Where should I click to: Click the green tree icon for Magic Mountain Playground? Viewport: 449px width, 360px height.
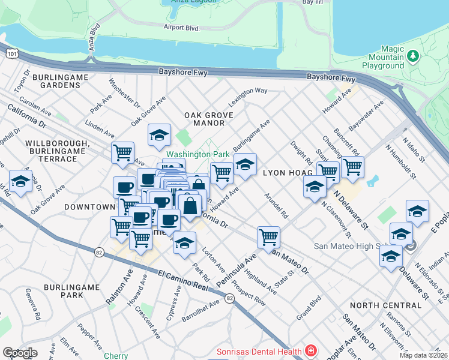click(412, 56)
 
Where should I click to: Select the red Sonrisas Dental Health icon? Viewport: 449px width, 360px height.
click(310, 350)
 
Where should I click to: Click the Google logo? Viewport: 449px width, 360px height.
click(20, 353)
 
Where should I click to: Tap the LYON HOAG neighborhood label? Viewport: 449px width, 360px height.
click(285, 172)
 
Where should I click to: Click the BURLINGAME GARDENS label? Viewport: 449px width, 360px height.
click(56, 82)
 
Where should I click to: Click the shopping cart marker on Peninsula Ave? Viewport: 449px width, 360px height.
click(268, 236)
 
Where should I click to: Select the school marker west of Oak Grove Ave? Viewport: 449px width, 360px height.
click(20, 182)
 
